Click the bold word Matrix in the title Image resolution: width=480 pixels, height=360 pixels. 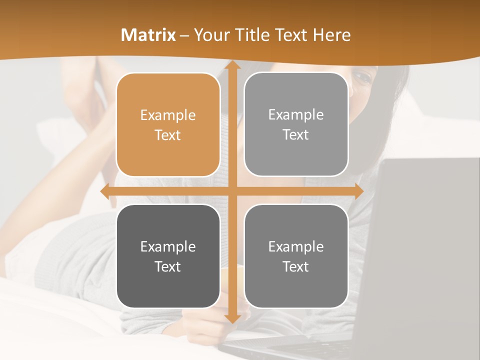pyautogui.click(x=148, y=35)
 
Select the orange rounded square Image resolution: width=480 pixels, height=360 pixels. pyautogui.click(x=168, y=125)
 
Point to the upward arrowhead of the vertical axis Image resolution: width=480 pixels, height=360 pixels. pyautogui.click(x=232, y=65)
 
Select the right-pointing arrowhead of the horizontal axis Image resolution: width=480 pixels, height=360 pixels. pyautogui.click(x=358, y=191)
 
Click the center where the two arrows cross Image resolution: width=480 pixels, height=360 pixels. pyautogui.click(x=232, y=191)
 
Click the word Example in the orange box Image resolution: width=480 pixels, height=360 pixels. pyautogui.click(x=168, y=115)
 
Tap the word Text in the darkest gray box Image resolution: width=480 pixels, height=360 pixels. pyautogui.click(x=168, y=266)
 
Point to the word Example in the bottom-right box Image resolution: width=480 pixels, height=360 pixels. pyautogui.click(x=296, y=246)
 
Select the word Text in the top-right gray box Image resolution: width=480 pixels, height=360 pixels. pyautogui.click(x=296, y=135)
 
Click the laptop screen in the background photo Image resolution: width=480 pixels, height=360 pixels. pyautogui.click(x=425, y=240)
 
